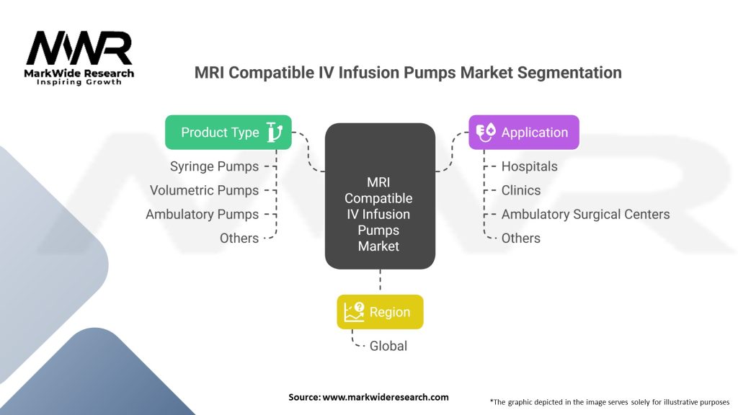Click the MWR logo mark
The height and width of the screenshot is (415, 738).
pyautogui.click(x=79, y=48)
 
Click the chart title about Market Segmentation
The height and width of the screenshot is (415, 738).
pyautogui.click(x=408, y=73)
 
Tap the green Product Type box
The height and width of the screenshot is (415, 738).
pyautogui.click(x=228, y=133)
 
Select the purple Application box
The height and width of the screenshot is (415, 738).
pyautogui.click(x=524, y=133)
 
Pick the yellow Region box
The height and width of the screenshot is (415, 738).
pyautogui.click(x=380, y=312)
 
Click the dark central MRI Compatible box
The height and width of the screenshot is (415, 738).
pyautogui.click(x=380, y=196)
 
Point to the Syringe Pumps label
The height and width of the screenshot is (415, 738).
pyautogui.click(x=214, y=166)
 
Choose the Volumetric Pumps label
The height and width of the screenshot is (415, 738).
pyautogui.click(x=204, y=190)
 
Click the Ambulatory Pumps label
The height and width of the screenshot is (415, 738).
pyautogui.click(x=202, y=214)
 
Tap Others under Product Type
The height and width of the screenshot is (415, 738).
pyautogui.click(x=239, y=238)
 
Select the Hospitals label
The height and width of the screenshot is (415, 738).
pyautogui.click(x=530, y=166)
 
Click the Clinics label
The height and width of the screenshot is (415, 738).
pyautogui.click(x=521, y=190)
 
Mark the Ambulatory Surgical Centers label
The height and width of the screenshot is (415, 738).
pyautogui.click(x=586, y=214)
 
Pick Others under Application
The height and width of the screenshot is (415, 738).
pyautogui.click(x=521, y=238)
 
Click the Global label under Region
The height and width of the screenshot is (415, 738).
pyautogui.click(x=388, y=346)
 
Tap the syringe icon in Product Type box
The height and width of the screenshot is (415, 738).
pyautogui.click(x=274, y=132)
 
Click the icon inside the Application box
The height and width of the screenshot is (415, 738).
pyautogui.click(x=486, y=132)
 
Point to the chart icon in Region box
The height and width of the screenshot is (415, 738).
pyautogui.click(x=354, y=312)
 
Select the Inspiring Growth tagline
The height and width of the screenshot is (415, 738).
pyautogui.click(x=79, y=82)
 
